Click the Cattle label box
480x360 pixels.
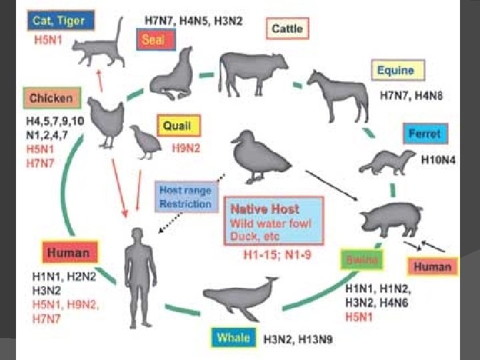[288, 29]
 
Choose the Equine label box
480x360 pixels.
[395, 69]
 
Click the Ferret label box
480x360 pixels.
[425, 133]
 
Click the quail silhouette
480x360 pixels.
[143, 141]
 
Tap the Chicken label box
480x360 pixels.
[51, 99]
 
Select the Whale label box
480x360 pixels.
[233, 337]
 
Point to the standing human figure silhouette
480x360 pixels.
[137, 267]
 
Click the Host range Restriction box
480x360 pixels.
[184, 197]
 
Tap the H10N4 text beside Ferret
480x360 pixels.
[438, 161]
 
